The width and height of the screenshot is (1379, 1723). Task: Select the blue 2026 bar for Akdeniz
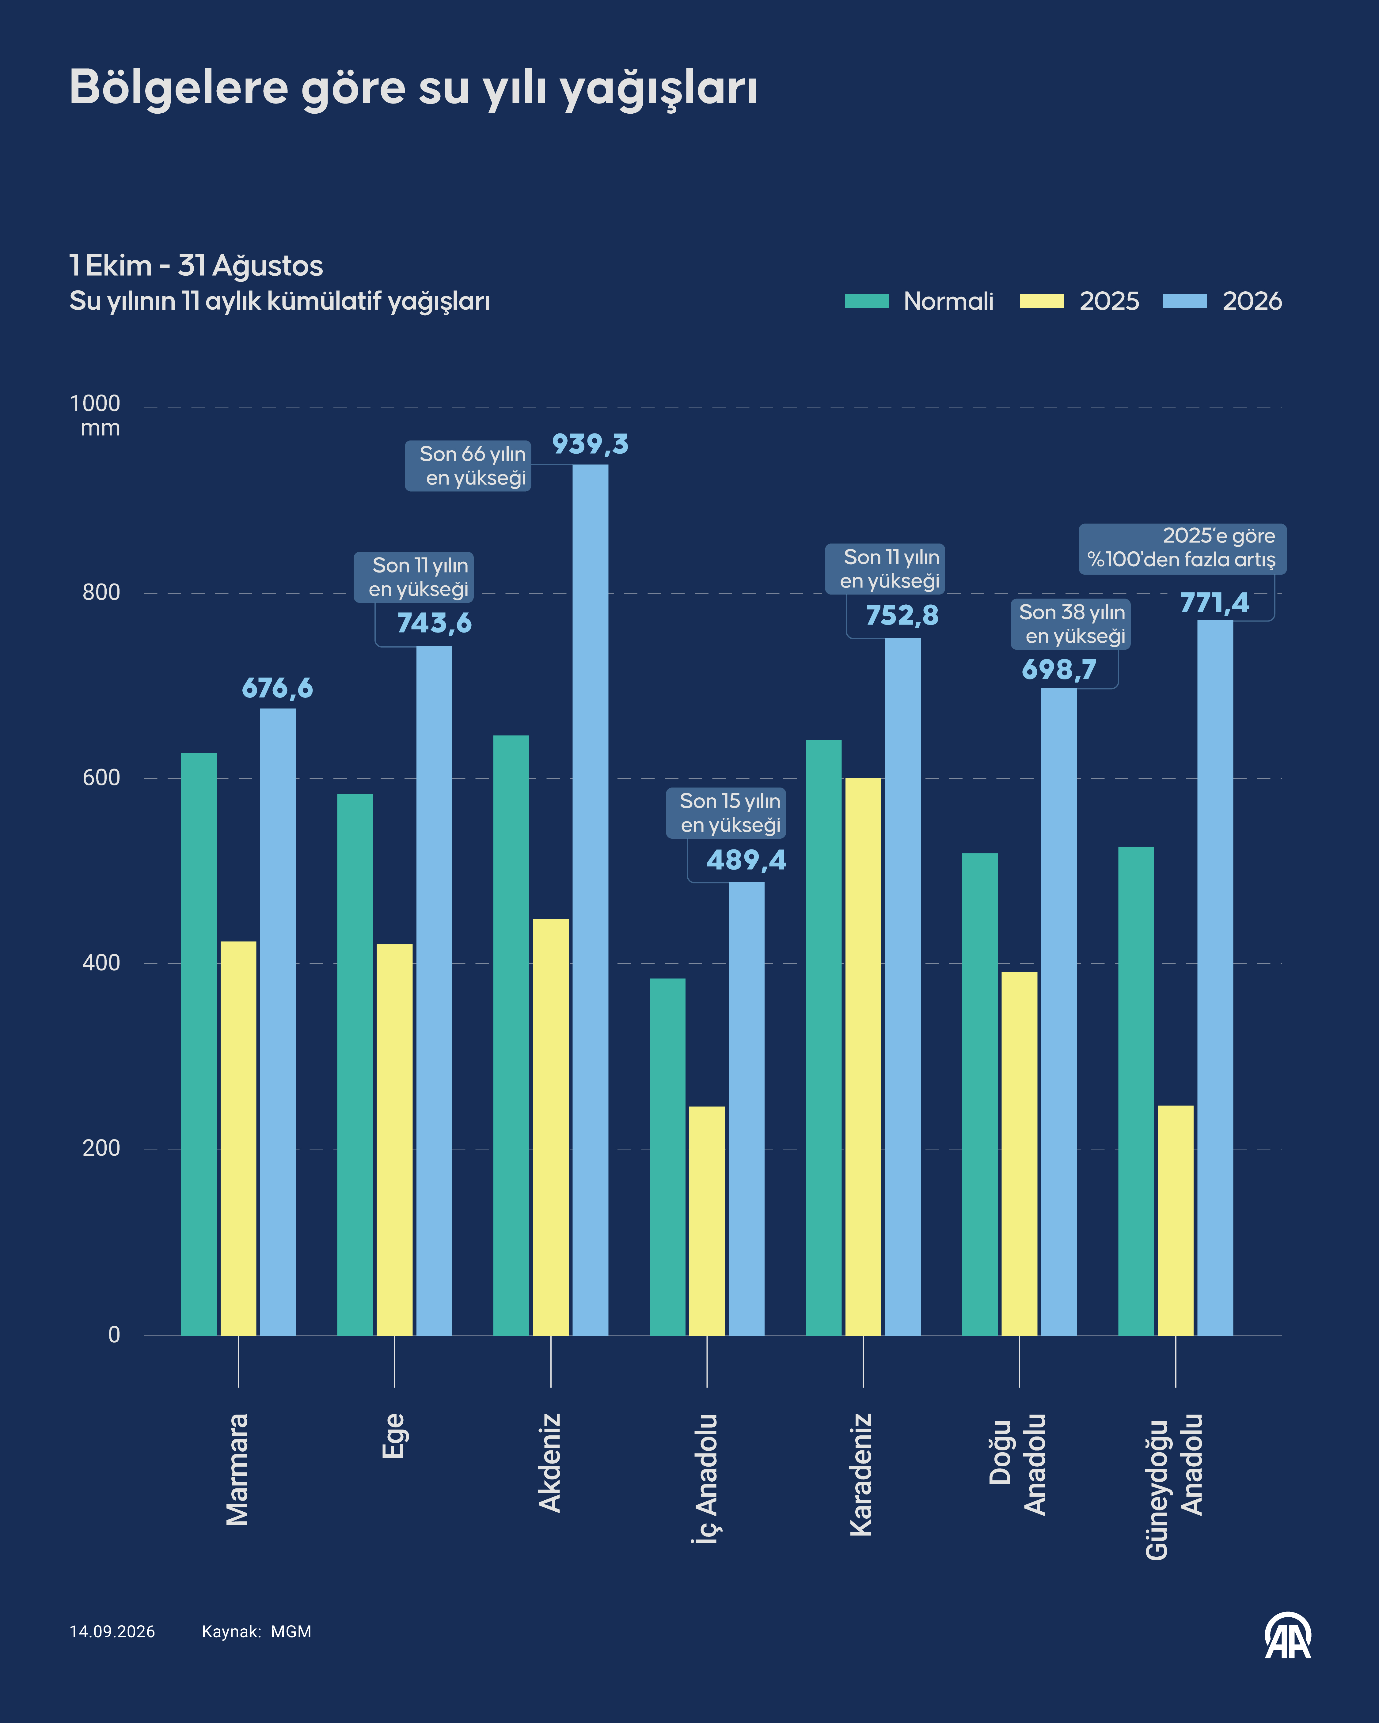(590, 900)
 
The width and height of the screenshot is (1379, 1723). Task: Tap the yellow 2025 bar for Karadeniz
(863, 1056)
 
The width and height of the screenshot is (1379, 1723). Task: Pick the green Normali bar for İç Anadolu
(667, 1156)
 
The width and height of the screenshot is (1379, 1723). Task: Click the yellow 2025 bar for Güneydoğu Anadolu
(1175, 1220)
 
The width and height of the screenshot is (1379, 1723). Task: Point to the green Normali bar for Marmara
(198, 1044)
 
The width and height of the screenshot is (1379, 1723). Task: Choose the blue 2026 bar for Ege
(434, 991)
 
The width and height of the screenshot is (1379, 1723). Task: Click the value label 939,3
(591, 444)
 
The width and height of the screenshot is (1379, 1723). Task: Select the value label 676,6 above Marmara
(277, 688)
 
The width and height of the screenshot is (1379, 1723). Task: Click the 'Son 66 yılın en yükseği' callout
(468, 466)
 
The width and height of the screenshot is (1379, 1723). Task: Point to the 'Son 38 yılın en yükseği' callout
(1071, 624)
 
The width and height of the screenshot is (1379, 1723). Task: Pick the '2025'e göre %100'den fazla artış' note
(1182, 548)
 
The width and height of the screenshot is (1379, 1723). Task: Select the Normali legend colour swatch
(867, 300)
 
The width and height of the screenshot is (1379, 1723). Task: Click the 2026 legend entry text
(1252, 301)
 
